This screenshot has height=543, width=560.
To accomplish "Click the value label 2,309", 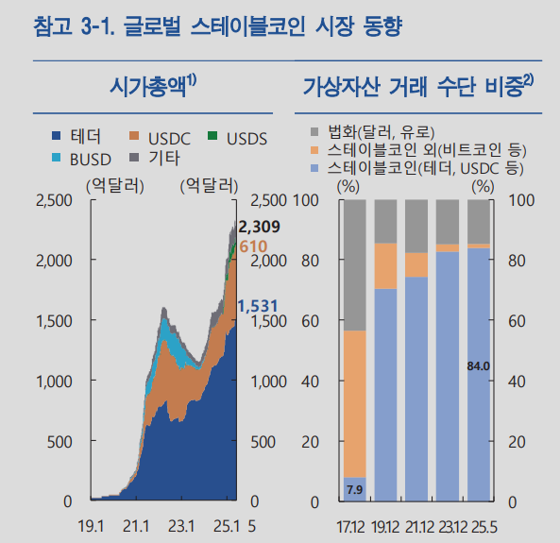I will pos(260,228).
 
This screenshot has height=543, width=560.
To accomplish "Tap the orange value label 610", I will pos(253,246).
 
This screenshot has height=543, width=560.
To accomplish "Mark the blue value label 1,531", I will pos(256,306).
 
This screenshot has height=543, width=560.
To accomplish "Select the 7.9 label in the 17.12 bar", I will pos(354,489).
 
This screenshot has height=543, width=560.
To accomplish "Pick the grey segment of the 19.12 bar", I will pos(385,221).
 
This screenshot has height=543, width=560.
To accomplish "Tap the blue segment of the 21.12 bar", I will pos(416,387).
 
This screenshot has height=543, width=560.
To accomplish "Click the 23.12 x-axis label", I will pos(448,524).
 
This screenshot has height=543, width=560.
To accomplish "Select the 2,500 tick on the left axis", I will pos(52,201).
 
